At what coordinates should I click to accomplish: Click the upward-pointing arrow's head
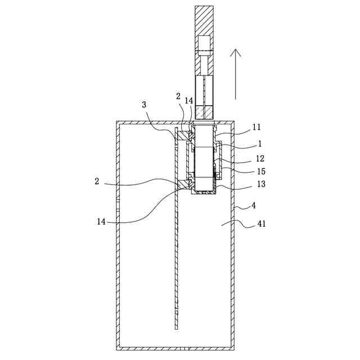pyautogui.click(x=237, y=52)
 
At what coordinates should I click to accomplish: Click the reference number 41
pyautogui.click(x=261, y=223)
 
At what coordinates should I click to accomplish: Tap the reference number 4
pyautogui.click(x=253, y=206)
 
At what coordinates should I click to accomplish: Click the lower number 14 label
pyautogui.click(x=102, y=222)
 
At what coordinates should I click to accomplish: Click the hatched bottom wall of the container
pyautogui.click(x=175, y=346)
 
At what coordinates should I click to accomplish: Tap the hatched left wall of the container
pyautogui.click(x=118, y=236)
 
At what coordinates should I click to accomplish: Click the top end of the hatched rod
pyautogui.click(x=203, y=8)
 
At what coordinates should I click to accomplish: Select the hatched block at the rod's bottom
pyautogui.click(x=203, y=112)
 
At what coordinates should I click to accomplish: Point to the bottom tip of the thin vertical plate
pyautogui.click(x=176, y=328)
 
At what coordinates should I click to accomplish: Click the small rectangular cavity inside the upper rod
pyautogui.click(x=203, y=43)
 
